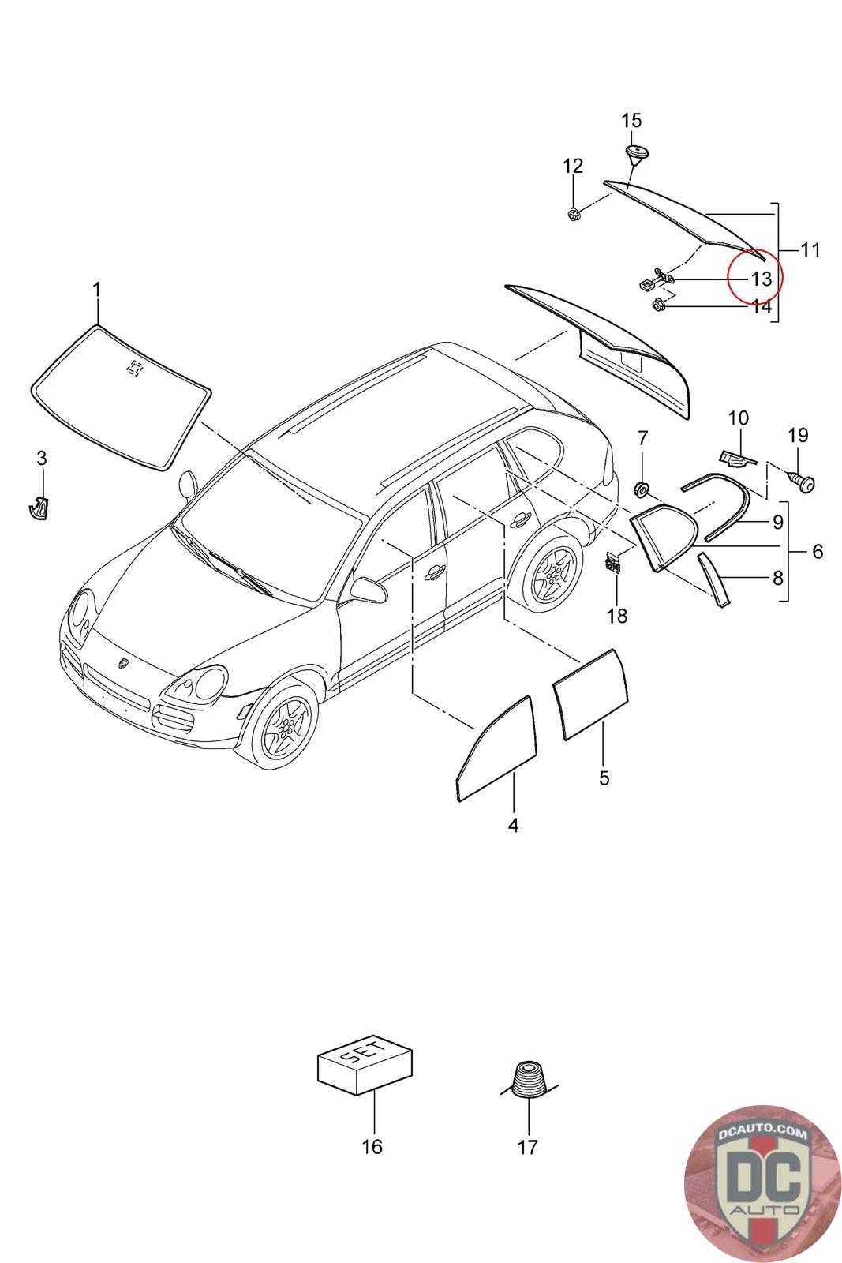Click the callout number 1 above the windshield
(x=97, y=290)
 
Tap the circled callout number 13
(x=760, y=279)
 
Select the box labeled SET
(x=365, y=1062)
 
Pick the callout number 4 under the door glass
(x=513, y=826)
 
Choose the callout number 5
(x=604, y=778)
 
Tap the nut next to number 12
(x=573, y=213)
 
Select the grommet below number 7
(x=642, y=489)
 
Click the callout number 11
(x=810, y=250)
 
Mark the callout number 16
(x=372, y=1146)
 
